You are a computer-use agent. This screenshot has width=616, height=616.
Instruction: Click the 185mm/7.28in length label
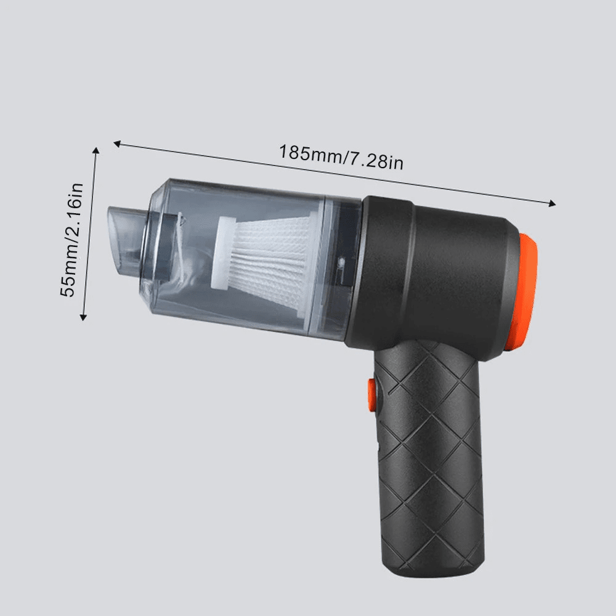(341, 156)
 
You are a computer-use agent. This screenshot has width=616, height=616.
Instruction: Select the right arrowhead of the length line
(553, 203)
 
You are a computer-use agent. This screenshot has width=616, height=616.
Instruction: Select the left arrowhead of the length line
(117, 144)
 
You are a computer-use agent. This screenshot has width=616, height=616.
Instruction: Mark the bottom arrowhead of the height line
(83, 317)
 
